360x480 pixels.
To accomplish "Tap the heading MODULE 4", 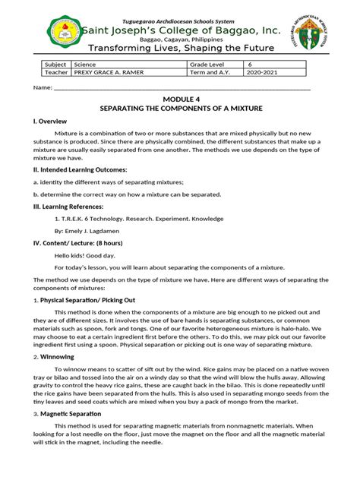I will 179,99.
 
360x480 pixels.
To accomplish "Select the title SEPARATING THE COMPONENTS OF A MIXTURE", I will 179,109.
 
